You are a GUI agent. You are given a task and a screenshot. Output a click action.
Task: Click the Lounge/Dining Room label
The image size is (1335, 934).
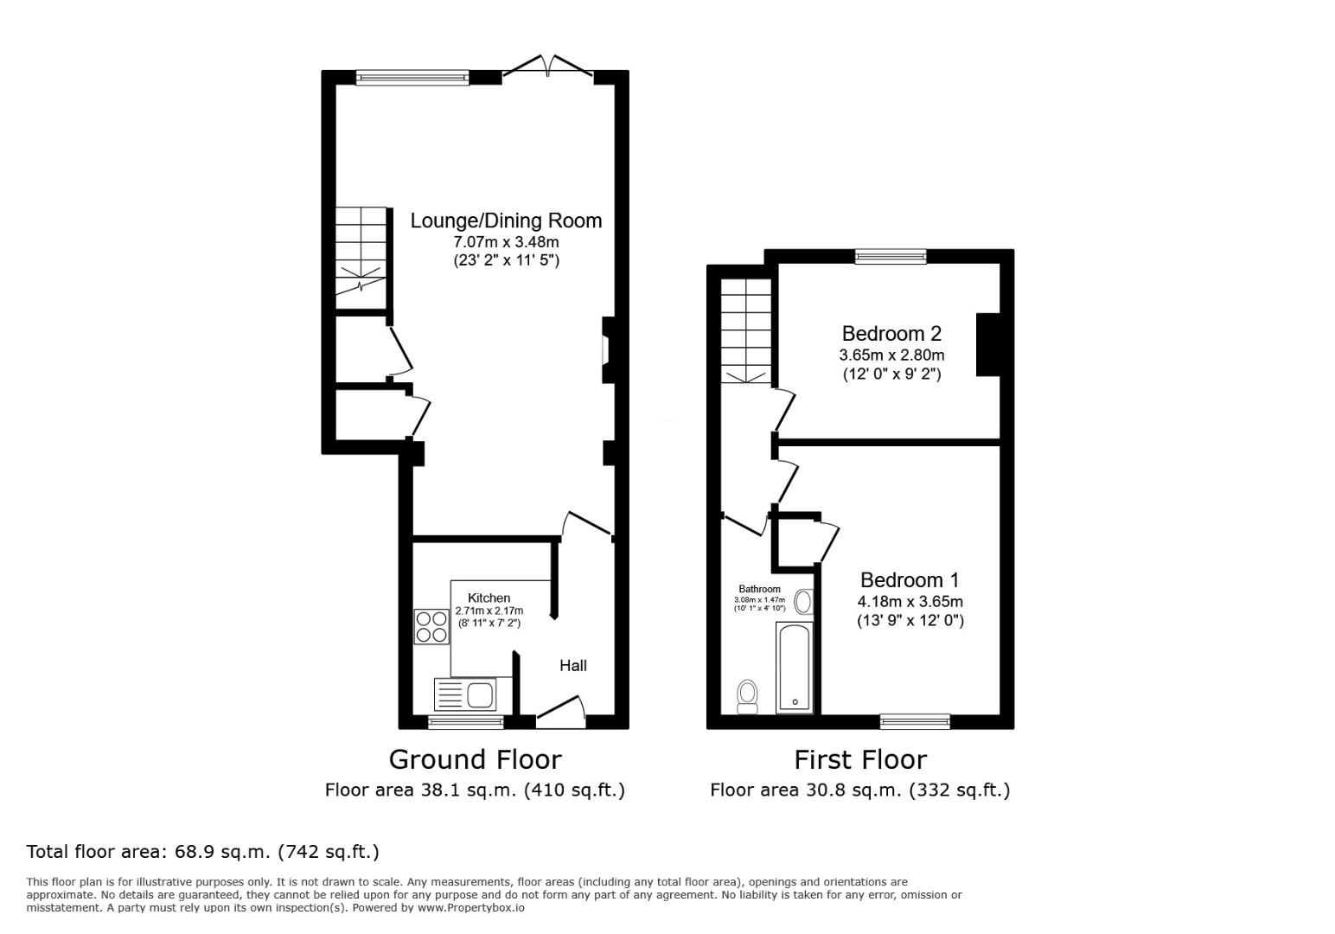506,221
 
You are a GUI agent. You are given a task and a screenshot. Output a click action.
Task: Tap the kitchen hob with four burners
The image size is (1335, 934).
432,626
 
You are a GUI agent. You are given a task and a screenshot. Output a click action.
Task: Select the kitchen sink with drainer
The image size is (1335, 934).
465,694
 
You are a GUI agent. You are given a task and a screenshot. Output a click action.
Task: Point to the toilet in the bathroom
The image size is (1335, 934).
747,696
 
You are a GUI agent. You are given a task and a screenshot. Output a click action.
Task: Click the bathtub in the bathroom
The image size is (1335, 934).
795,668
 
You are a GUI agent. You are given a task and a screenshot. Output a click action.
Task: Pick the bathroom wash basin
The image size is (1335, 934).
804,602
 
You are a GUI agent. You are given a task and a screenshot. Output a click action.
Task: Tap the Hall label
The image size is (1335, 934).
572,666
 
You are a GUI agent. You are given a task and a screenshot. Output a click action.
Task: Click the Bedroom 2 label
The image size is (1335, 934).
891,333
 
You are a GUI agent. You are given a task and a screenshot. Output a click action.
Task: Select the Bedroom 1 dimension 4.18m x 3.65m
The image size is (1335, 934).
910,601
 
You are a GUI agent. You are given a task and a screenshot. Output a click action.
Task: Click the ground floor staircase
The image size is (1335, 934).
361,258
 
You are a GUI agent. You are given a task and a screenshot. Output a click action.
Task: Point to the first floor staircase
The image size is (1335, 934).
746,331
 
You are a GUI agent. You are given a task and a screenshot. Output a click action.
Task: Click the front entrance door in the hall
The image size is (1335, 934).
561,712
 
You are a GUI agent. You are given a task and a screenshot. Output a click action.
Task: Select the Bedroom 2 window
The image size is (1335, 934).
891,256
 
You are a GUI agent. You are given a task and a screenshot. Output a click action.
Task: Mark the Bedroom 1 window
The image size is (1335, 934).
916,722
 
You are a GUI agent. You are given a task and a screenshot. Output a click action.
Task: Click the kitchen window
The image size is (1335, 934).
466,722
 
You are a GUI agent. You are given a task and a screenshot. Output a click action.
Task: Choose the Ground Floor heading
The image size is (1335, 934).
475,760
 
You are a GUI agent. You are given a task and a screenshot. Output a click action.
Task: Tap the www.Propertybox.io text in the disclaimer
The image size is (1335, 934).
471,908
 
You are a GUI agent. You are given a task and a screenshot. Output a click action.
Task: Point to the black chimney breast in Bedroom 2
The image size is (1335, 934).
987,344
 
